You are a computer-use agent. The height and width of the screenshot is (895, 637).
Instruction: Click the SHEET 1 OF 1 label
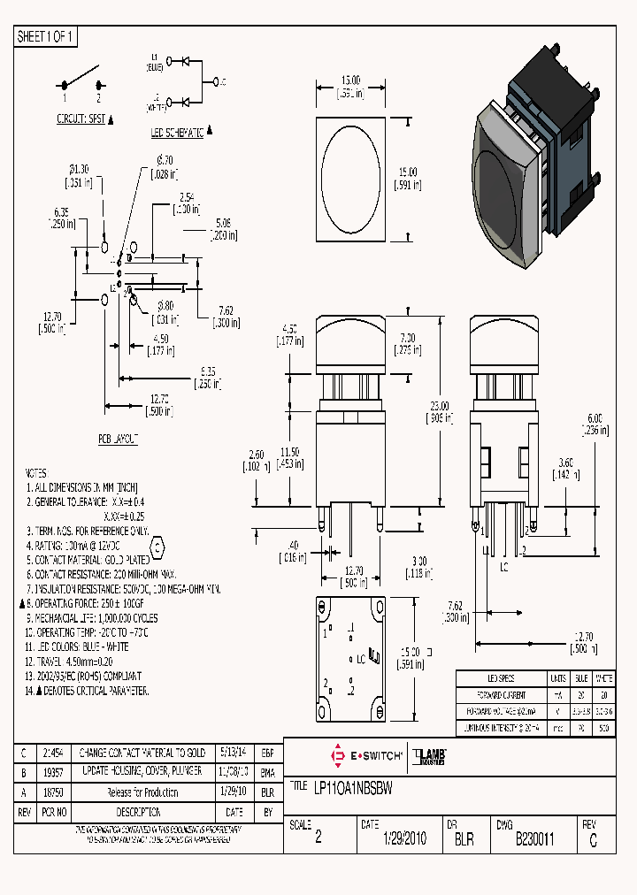(x=47, y=37)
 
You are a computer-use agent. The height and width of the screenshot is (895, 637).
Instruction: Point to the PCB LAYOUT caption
(x=118, y=439)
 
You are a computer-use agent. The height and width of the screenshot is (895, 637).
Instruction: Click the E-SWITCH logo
(x=365, y=756)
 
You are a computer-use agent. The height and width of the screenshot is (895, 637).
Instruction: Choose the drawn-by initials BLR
(x=464, y=839)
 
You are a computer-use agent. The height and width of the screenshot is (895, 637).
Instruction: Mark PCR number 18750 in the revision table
(x=54, y=792)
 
